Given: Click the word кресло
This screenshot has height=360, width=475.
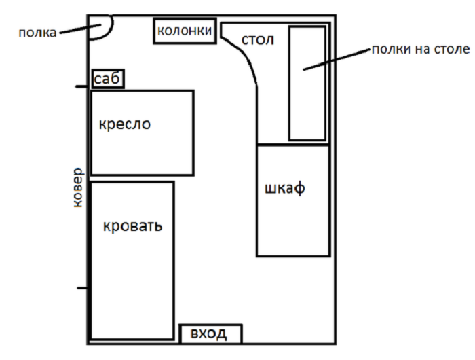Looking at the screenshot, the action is pos(124,124).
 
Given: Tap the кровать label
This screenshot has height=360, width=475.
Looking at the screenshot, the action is pos(133,226).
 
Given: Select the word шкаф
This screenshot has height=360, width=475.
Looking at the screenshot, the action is pos(285,189).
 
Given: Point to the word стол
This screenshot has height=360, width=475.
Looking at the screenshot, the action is pos(258,40).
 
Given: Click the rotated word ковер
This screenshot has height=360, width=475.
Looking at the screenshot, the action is pos(78,187).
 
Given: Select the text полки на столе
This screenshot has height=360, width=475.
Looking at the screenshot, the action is pos(421,49).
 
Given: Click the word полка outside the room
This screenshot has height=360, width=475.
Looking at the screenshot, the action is pos(37,33).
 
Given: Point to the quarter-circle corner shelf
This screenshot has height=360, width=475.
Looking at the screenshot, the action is pos(112,27).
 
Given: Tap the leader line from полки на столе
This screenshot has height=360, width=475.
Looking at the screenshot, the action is pos(337,59).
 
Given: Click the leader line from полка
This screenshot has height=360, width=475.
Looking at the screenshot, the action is pos(80,29).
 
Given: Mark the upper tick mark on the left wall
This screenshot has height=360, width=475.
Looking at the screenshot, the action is pos(81,87).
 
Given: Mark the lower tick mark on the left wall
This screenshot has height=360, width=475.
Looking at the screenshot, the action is pos(82,288).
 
